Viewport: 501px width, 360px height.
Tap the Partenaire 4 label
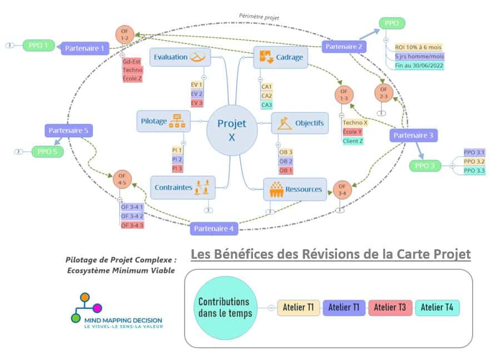[214, 228]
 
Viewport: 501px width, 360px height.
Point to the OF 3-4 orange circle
[342, 189]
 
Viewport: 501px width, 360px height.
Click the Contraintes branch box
[182, 188]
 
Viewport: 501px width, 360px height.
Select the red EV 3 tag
[196, 103]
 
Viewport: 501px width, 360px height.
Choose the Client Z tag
[353, 141]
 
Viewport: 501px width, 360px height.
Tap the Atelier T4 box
[437, 307]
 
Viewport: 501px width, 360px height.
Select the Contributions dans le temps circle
[224, 307]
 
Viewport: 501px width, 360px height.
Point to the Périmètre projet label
[259, 17]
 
